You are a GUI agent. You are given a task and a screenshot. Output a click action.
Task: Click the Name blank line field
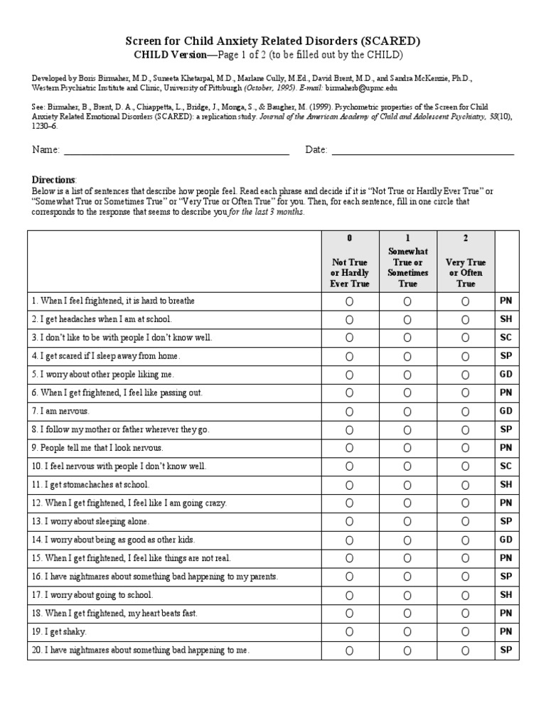(x=176, y=150)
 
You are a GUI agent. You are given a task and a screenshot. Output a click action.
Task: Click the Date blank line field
(x=422, y=150)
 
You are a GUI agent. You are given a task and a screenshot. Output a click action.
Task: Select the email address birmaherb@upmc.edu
(x=361, y=89)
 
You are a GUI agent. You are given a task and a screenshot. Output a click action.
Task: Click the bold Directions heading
(x=54, y=180)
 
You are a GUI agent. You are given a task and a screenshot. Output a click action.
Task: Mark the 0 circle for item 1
(x=349, y=301)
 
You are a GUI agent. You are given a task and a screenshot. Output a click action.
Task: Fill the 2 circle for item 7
(x=465, y=412)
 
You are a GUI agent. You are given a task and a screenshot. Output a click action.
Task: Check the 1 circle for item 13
(x=407, y=522)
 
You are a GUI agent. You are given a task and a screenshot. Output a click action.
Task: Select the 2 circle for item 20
(x=465, y=651)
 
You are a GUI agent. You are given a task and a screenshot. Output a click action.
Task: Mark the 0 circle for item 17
(x=349, y=595)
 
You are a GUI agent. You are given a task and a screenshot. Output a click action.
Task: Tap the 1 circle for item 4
(x=407, y=356)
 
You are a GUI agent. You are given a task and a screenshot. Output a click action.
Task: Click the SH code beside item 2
(x=506, y=319)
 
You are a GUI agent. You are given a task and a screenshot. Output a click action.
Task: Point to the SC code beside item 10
(x=506, y=466)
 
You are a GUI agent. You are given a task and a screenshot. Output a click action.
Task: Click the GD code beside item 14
(x=506, y=540)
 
